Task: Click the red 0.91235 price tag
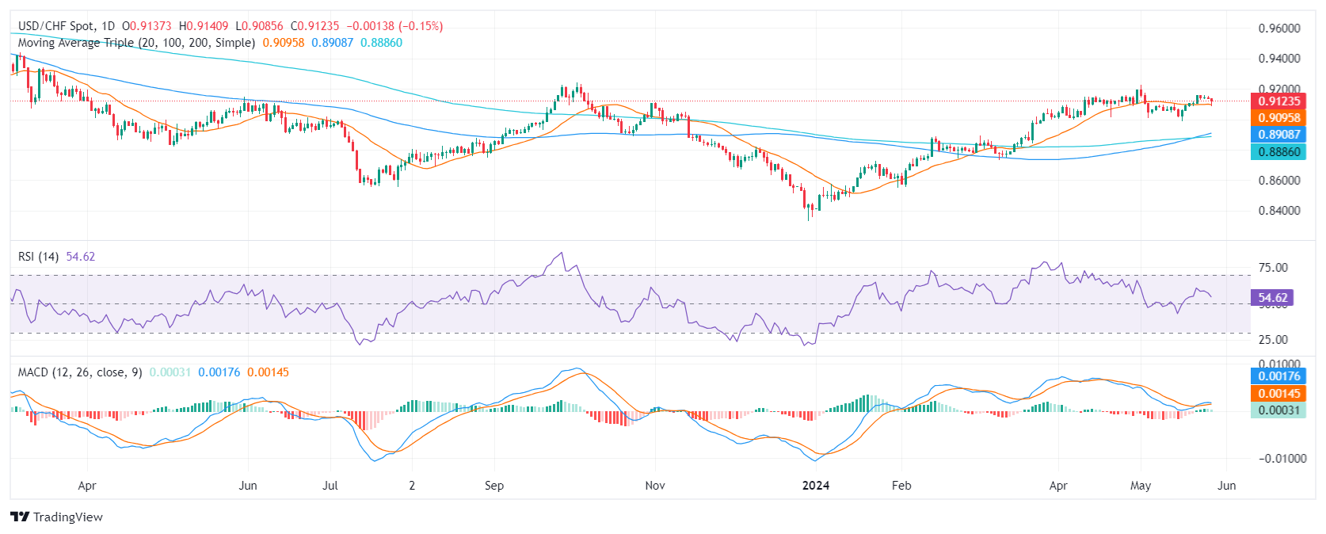(x=1278, y=101)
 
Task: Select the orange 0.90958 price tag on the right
(x=1278, y=118)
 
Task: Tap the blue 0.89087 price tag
(x=1278, y=135)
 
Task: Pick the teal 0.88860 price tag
(x=1278, y=151)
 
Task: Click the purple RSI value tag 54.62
(x=1272, y=298)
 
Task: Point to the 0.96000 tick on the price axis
(x=1278, y=29)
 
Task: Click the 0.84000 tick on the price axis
(x=1278, y=211)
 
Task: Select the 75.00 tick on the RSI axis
(x=1273, y=268)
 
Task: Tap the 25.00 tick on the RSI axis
(x=1273, y=340)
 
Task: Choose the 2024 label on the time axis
(x=815, y=486)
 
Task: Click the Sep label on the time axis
(x=493, y=486)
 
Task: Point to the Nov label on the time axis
(x=654, y=486)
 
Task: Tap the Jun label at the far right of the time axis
(x=1225, y=486)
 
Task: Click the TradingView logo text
(x=67, y=517)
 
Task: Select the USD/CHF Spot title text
(x=55, y=26)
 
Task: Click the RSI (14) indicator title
(x=39, y=257)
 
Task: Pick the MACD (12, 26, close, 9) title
(x=80, y=372)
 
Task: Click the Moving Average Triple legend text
(x=136, y=43)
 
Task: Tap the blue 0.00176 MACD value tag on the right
(x=1278, y=376)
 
